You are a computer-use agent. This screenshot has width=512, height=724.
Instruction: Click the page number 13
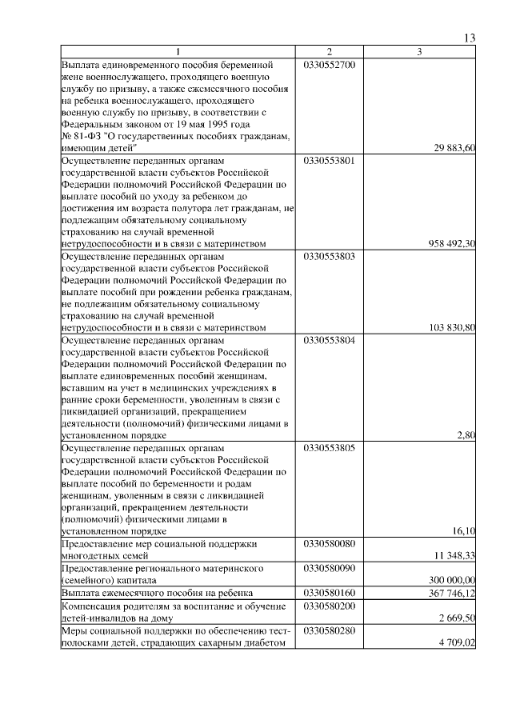pyautogui.click(x=470, y=38)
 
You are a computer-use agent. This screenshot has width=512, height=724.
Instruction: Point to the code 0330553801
pyautogui.click(x=329, y=160)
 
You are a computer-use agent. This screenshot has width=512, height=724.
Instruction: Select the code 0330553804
pyautogui.click(x=329, y=340)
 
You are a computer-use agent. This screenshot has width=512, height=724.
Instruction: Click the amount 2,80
pyautogui.click(x=466, y=435)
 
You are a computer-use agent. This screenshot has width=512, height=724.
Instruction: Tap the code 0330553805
pyautogui.click(x=329, y=448)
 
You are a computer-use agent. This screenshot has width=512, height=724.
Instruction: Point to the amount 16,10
pyautogui.click(x=464, y=531)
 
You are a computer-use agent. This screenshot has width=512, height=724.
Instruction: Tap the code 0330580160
pyautogui.click(x=329, y=593)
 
